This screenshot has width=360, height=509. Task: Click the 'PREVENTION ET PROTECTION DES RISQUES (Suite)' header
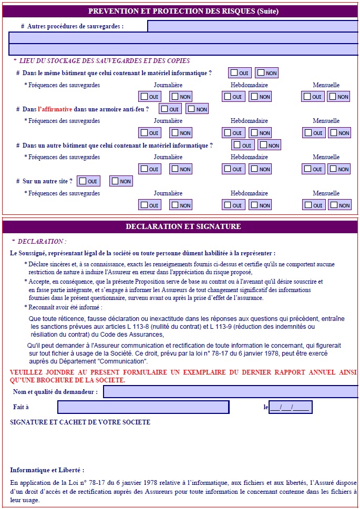click(x=183, y=11)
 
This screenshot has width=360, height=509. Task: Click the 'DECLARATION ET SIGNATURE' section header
click(x=183, y=226)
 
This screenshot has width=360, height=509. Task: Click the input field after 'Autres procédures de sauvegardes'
click(x=252, y=26)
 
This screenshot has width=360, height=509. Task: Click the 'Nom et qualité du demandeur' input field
click(x=230, y=392)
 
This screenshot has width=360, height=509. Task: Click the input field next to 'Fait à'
click(x=143, y=407)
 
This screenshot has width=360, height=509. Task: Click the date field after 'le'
click(x=290, y=407)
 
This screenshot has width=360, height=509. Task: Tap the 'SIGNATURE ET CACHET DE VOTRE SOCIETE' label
click(x=80, y=422)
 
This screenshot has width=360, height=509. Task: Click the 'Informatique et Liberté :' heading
click(x=47, y=470)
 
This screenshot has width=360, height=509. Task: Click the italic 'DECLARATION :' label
click(x=42, y=242)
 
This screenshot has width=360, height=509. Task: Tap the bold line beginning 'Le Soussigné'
click(x=142, y=253)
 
